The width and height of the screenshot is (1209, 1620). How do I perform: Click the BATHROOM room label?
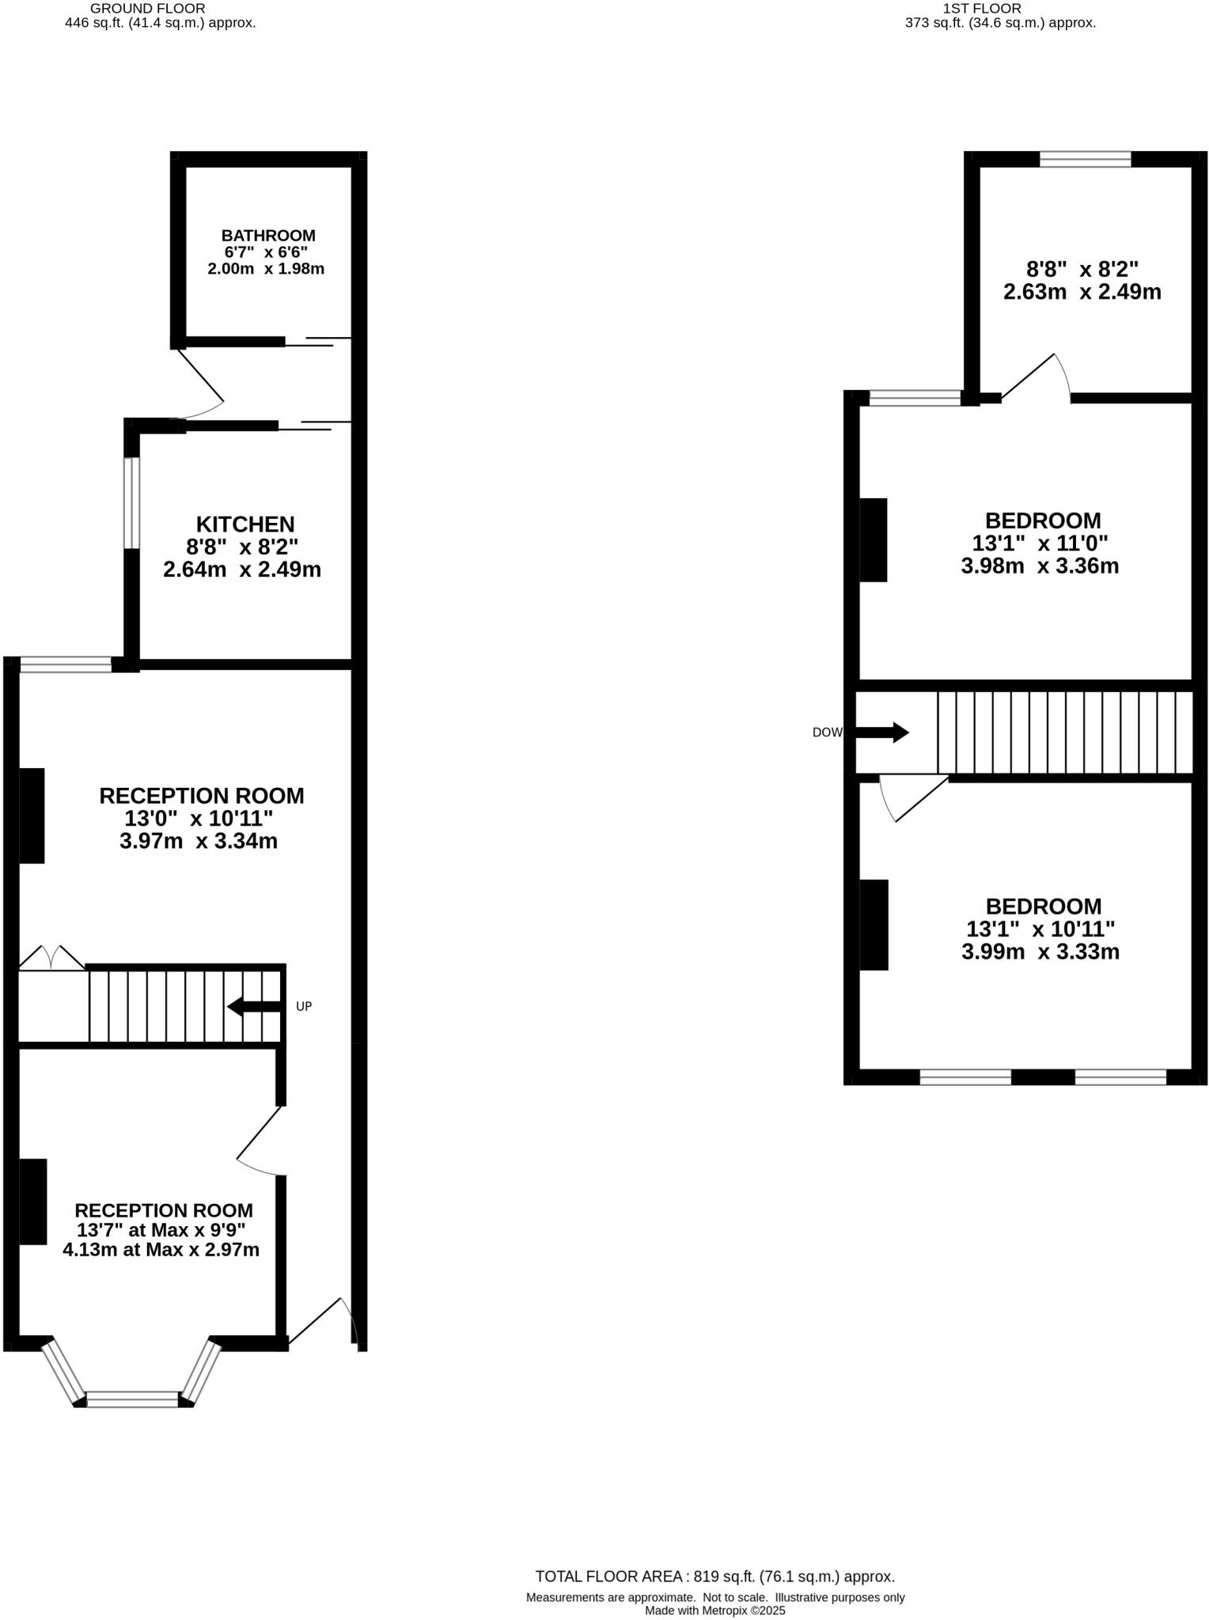tap(268, 236)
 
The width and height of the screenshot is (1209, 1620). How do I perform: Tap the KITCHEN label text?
tap(245, 524)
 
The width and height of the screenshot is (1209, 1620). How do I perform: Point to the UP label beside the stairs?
tap(304, 1006)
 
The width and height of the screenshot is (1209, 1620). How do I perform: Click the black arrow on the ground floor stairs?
tap(253, 1006)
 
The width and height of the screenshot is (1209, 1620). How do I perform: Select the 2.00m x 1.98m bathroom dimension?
tap(266, 269)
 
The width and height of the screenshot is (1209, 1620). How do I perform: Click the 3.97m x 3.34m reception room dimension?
tap(199, 841)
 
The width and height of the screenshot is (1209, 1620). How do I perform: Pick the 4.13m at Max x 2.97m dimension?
tap(161, 1250)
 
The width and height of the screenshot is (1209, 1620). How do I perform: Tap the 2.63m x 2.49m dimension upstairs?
tap(1082, 292)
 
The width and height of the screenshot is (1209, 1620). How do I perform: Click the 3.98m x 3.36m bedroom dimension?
tap(1040, 566)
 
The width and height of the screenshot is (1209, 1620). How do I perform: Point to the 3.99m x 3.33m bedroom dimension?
tap(1040, 952)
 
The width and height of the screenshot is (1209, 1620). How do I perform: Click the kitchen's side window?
tap(131, 502)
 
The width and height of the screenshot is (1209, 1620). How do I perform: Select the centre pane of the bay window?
tap(132, 1399)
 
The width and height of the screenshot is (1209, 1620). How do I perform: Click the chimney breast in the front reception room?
tap(33, 1202)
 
